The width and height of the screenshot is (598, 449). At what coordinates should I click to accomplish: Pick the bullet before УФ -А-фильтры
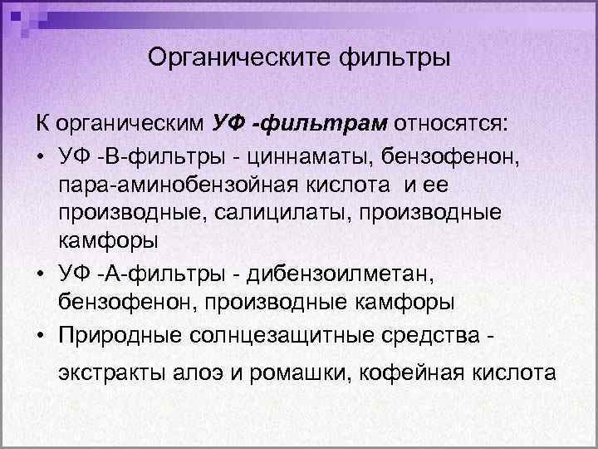pyautogui.click(x=41, y=271)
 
